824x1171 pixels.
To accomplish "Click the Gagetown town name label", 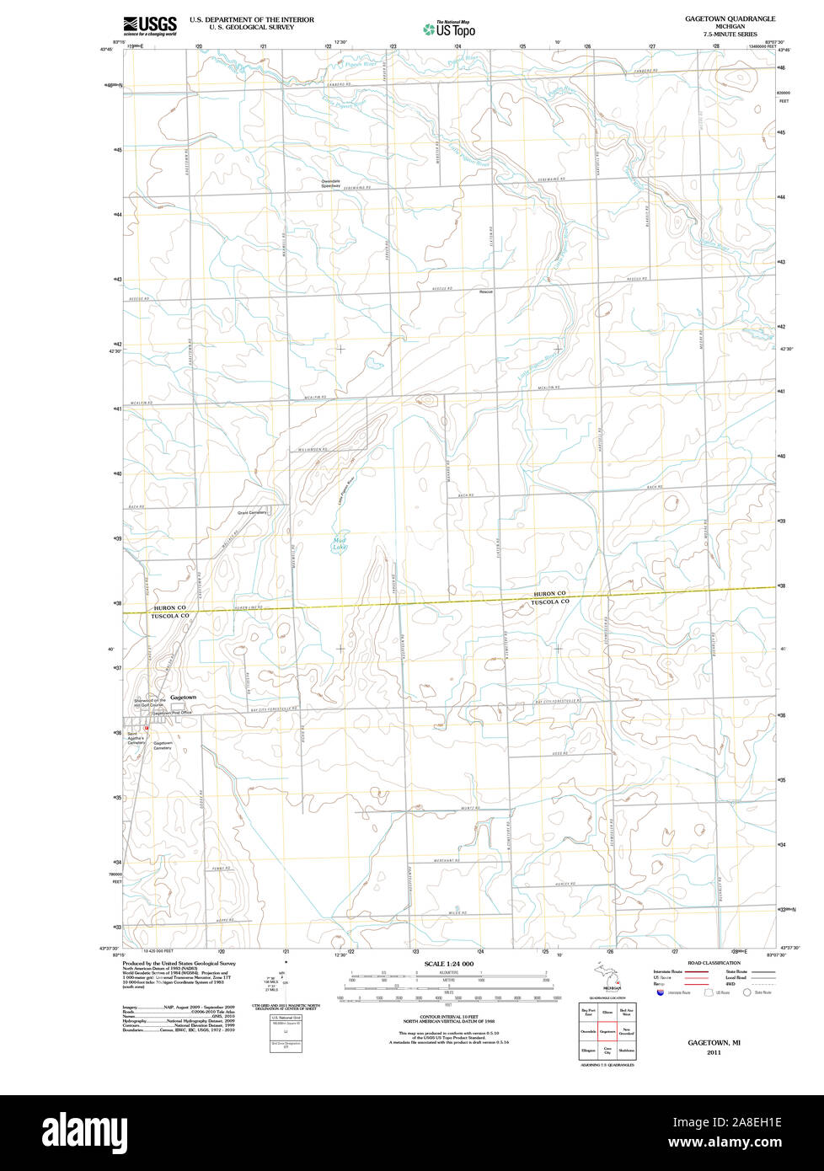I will tap(183, 698).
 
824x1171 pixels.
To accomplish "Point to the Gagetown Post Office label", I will tap(172, 713).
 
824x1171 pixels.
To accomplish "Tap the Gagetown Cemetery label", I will tap(162, 745).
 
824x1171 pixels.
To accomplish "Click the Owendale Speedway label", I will tap(329, 184).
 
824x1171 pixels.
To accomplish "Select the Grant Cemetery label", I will tap(252, 512).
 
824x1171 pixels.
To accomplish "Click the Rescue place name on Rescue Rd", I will tap(485, 291).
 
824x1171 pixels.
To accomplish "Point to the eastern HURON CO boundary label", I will tap(549, 594).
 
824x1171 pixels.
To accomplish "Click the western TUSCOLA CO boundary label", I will tap(170, 616).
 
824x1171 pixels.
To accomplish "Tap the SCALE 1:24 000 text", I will tap(449, 964).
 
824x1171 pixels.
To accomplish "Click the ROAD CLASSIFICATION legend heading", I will tap(714, 963).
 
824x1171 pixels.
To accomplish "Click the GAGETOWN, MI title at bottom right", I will tap(714, 1043).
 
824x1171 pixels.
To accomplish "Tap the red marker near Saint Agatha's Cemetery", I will tap(146, 728).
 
